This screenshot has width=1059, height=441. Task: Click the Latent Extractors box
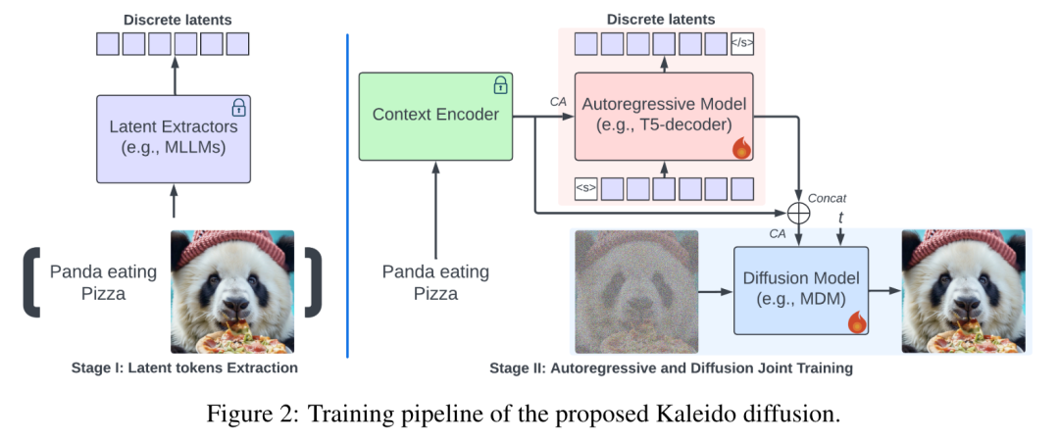click(174, 139)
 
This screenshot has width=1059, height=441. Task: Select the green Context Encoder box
click(435, 117)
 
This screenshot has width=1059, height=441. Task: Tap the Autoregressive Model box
click(664, 117)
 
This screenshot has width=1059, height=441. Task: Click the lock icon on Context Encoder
click(500, 84)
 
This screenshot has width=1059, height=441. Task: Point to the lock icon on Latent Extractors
click(239, 107)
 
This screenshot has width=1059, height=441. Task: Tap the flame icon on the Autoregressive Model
click(741, 149)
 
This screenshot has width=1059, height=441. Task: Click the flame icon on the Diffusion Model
click(856, 322)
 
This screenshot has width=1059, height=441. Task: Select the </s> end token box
click(742, 44)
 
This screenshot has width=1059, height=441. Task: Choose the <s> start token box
click(586, 188)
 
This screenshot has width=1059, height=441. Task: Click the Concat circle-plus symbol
click(800, 213)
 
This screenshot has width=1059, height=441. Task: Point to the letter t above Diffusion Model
click(841, 218)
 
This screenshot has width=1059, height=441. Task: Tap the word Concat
click(827, 198)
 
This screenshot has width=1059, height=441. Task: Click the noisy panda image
click(636, 292)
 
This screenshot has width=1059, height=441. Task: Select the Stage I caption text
click(184, 368)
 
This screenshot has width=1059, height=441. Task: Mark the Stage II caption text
click(671, 368)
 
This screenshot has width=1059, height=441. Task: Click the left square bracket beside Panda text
click(31, 281)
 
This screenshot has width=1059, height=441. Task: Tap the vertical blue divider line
click(347, 196)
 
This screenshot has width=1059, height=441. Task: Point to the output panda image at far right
click(963, 292)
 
